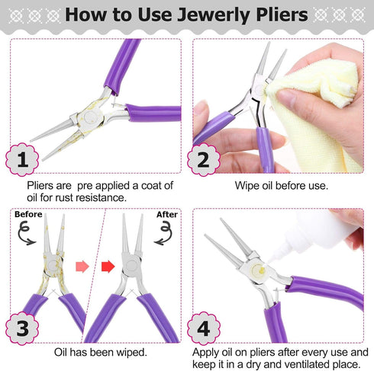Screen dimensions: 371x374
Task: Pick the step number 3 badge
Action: click(24, 329)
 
